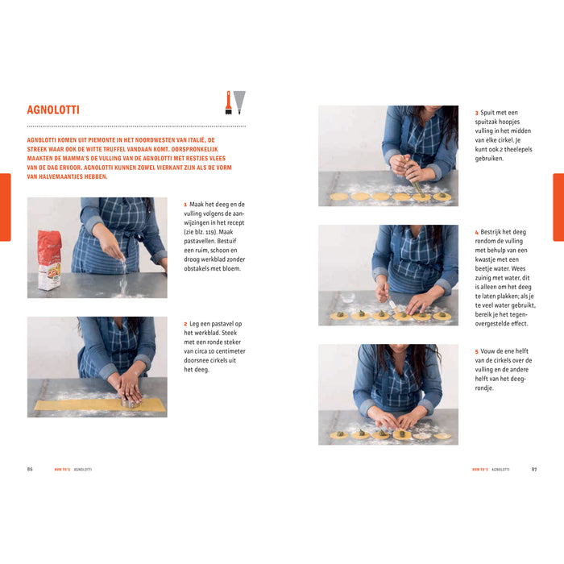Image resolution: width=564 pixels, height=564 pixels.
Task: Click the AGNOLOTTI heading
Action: (x=53, y=110)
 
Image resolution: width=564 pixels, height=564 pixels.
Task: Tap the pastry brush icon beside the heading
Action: (x=228, y=102)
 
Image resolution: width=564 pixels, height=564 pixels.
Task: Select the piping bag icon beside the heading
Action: (x=239, y=102)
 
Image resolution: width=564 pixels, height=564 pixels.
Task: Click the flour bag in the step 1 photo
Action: (x=49, y=259)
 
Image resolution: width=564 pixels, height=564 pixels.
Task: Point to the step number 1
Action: (x=185, y=205)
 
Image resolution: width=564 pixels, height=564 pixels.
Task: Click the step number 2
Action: (x=185, y=324)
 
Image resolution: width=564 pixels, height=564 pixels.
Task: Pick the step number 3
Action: (x=476, y=113)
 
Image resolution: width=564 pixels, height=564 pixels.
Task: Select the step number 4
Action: (x=476, y=232)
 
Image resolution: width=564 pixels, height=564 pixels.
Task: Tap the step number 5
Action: (x=476, y=351)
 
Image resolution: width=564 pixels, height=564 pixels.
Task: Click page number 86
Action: (x=30, y=469)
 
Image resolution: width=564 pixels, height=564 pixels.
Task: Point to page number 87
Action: (x=533, y=469)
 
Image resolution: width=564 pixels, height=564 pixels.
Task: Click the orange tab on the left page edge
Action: (x=5, y=207)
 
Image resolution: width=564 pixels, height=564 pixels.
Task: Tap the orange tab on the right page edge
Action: (x=558, y=207)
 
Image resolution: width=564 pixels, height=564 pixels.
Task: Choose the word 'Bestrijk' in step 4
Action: (x=494, y=232)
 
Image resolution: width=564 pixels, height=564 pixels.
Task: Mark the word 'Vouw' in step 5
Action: (x=490, y=351)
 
